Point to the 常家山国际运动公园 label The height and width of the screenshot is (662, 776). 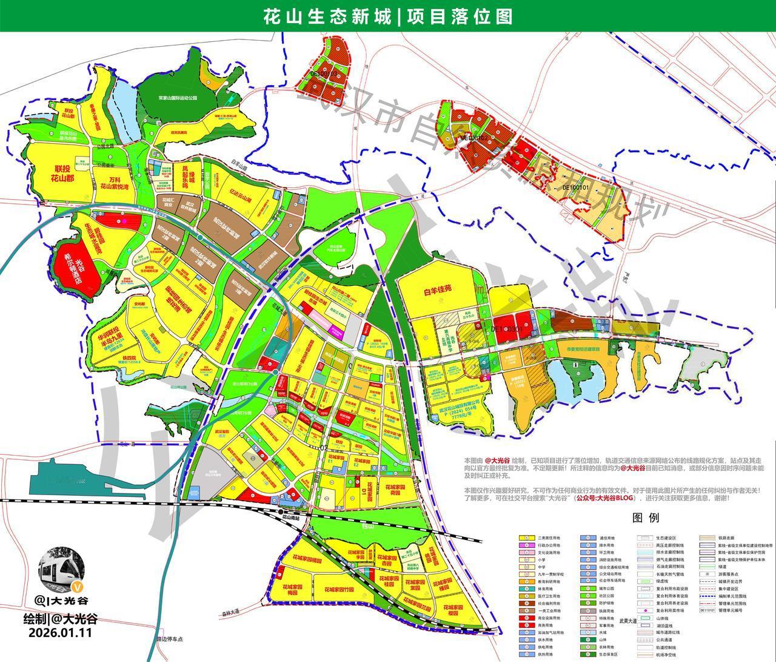pyautogui.click(x=178, y=97)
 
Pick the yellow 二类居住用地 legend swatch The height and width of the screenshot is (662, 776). pyautogui.click(x=525, y=538)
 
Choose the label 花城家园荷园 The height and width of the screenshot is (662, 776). pyautogui.click(x=394, y=490)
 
